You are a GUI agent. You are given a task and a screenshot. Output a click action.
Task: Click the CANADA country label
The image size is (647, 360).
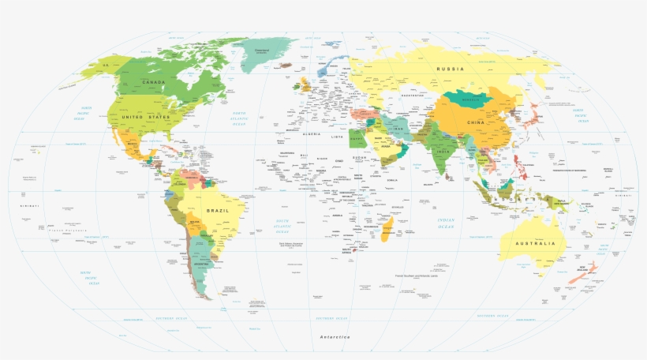coord(153,82)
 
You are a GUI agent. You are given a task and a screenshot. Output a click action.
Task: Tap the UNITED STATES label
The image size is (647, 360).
coord(145,117)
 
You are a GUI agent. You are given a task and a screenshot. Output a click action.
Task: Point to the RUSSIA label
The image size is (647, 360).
coord(451,69)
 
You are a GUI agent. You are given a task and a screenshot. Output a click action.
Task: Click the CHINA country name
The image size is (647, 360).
coord(476,123)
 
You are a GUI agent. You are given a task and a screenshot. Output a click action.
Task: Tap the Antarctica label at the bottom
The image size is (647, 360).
coord(334,337)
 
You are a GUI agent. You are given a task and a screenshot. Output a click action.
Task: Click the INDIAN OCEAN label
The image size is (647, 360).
coord(446,223)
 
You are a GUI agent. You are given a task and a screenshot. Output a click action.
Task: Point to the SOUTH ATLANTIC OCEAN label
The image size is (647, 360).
coord(282,227)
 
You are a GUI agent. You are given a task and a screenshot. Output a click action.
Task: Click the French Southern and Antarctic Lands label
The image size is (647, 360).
coord(415,276)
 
